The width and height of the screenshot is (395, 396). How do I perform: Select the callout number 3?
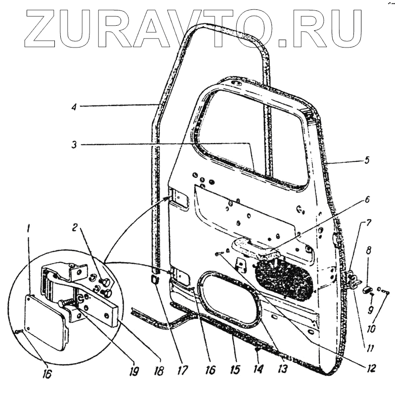73,145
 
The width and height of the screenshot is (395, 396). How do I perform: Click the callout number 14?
257,369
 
